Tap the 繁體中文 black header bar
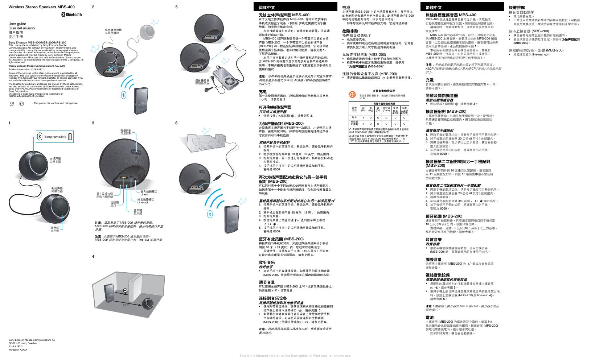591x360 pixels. tap(461, 7)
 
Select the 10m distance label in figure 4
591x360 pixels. tap(126, 305)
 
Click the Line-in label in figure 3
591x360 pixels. tap(145, 195)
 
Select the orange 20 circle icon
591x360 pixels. tap(352, 95)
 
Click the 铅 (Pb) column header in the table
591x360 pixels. tap(364, 109)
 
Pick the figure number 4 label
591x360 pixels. tap(93, 257)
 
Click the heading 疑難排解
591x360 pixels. tap(517, 7)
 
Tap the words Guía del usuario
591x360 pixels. tap(21, 28)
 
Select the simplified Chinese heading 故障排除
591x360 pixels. tap(350, 31)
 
